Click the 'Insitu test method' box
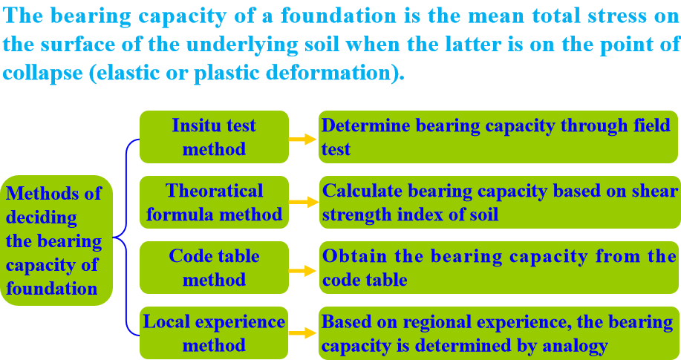[x=214, y=137]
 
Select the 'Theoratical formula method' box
[x=214, y=203]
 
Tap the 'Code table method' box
[x=214, y=268]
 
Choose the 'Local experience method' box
[x=214, y=333]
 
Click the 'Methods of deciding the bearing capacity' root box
[x=56, y=240]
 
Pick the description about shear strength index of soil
[x=499, y=203]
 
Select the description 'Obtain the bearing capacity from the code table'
[x=499, y=268]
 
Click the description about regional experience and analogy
[x=499, y=333]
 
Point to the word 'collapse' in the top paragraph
[x=41, y=74]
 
